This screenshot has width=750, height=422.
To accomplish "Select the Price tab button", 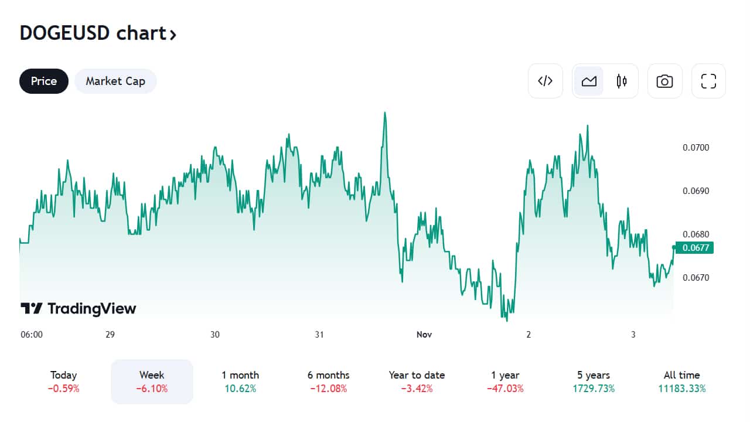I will tap(44, 81).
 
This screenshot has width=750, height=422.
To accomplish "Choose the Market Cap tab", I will tap(115, 81).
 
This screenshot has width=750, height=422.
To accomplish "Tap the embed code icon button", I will tap(546, 81).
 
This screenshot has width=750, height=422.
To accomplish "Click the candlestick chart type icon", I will tap(622, 81).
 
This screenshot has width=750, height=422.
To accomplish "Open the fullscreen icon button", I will tap(708, 81).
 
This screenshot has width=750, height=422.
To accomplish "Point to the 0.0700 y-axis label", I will tap(696, 148).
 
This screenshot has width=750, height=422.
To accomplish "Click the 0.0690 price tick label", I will tap(696, 191).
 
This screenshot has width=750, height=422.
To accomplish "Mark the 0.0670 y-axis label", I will tap(696, 278).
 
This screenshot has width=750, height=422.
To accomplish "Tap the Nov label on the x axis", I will tap(424, 335).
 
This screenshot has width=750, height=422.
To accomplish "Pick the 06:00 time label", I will tap(32, 335).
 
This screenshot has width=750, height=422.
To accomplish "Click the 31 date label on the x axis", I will tap(319, 335).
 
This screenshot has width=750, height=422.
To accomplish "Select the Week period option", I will tap(152, 381).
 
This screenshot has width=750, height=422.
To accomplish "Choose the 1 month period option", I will tap(240, 381).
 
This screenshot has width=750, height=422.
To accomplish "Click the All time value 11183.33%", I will tap(681, 389).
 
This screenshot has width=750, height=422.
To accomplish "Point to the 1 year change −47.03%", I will tap(505, 389).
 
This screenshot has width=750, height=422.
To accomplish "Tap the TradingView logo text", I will tap(79, 309).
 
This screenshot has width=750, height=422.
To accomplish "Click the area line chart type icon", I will tap(589, 81).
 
